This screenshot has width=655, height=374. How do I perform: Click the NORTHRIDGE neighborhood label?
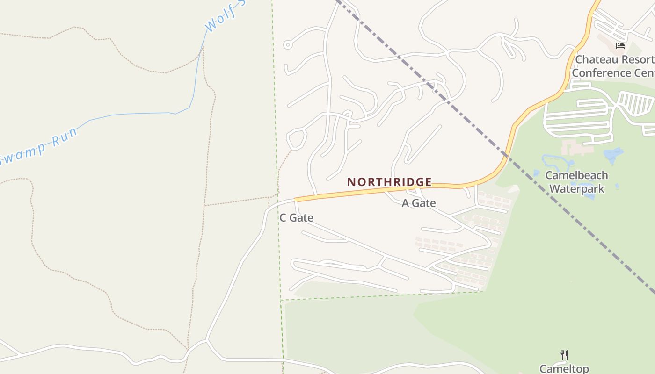[x=389, y=182]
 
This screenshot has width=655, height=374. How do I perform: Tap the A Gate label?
[x=419, y=203]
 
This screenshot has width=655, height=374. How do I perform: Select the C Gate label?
[x=296, y=217]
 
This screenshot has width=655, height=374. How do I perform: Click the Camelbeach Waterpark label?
[x=576, y=182]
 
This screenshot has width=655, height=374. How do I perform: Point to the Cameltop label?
[x=564, y=368]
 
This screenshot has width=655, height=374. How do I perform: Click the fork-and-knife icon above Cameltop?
[x=564, y=355]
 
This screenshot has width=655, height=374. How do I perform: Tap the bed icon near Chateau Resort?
[x=620, y=46]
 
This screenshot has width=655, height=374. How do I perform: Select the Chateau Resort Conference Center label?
[x=613, y=66]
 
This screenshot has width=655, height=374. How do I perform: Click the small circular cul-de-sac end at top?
[x=288, y=45]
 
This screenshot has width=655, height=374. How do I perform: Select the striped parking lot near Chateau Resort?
[x=635, y=103]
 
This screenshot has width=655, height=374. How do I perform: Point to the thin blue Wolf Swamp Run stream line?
[x=140, y=114]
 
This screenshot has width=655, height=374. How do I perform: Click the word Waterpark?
[x=576, y=189]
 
